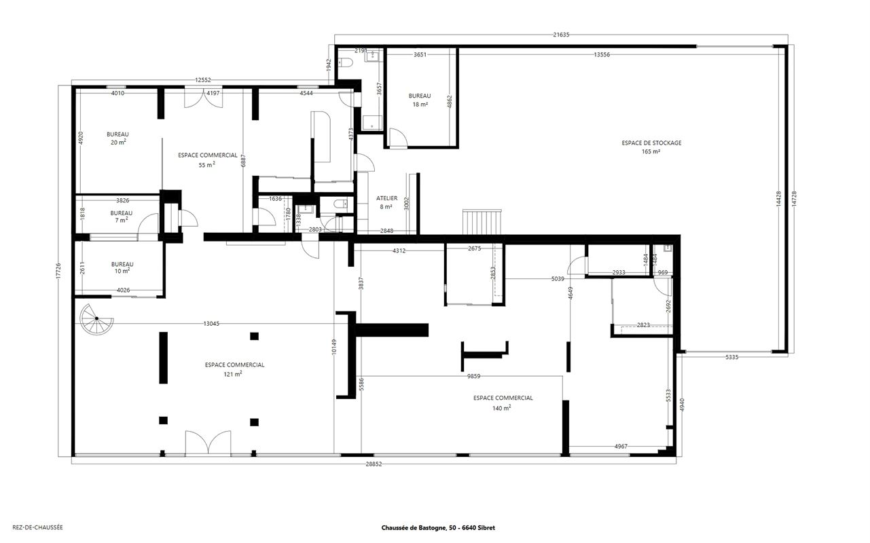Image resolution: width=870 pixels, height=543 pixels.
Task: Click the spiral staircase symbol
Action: click(96, 319)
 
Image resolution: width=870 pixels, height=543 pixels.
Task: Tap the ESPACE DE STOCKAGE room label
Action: click(651, 147)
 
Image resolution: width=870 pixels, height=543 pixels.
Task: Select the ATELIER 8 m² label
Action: click(386, 202)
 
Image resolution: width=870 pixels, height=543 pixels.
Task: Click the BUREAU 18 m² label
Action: click(420, 100)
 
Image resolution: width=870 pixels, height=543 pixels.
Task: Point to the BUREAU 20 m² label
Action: click(117, 138)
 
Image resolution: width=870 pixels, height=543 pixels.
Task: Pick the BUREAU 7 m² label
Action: click(121, 217)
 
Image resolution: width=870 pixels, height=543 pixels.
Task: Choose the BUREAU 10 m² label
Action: click(122, 267)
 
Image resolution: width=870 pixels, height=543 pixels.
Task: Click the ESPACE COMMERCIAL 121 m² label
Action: click(234, 369)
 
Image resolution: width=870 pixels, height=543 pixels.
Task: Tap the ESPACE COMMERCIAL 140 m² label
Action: click(503, 402)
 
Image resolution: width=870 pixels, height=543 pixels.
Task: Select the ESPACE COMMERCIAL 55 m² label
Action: click(207, 160)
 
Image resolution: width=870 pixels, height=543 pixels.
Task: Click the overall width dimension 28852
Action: click(374, 464)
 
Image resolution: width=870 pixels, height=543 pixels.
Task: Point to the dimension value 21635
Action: click(561, 35)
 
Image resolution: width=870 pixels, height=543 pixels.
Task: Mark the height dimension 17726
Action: click(58, 271)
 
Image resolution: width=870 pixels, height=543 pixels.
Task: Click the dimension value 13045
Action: click(211, 323)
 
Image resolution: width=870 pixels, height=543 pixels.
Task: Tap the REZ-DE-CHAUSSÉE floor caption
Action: click(37, 527)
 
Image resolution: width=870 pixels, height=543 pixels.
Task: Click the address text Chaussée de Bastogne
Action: click(414, 527)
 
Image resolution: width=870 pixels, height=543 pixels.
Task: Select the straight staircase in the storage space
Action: click(482, 222)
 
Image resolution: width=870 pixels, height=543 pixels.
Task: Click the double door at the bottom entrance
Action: click(208, 442)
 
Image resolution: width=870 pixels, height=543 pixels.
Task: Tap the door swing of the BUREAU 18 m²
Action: click(398, 138)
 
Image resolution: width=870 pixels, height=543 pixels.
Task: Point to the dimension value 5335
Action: click(731, 357)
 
